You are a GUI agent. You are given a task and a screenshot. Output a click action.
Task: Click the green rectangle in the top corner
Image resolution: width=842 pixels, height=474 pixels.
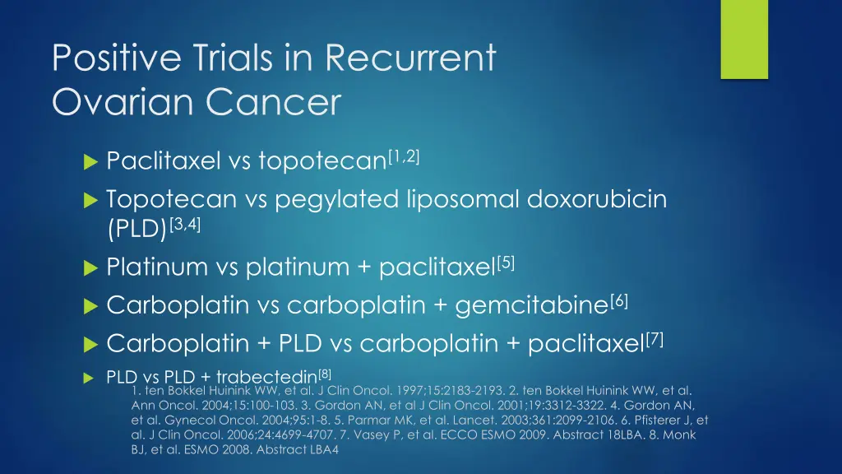pos(744,39)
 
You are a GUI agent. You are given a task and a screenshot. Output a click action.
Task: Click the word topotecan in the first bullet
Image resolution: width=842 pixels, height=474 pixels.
pos(322,161)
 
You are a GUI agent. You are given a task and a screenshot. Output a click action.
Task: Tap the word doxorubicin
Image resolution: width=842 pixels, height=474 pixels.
pos(599,199)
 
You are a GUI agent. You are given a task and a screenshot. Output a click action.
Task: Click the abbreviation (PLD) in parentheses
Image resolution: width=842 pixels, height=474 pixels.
pos(136,229)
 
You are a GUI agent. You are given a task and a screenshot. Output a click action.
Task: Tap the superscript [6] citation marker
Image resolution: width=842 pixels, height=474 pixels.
pos(620,300)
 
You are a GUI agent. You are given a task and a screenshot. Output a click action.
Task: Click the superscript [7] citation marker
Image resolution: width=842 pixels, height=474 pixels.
pos(655,337)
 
